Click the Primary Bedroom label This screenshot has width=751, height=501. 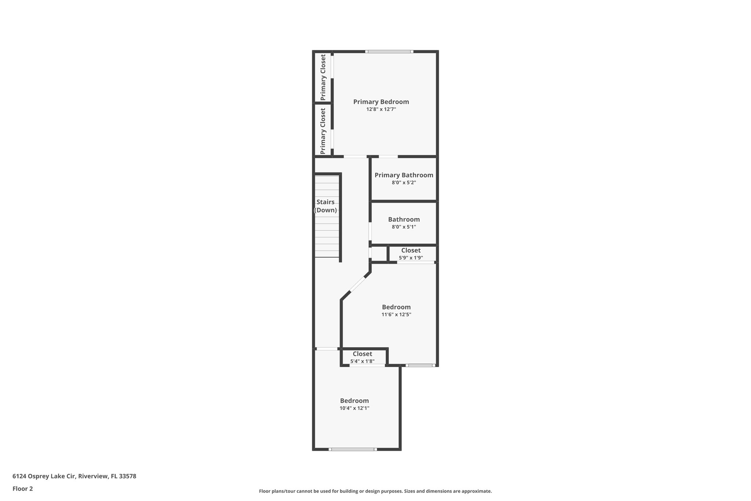coord(381,102)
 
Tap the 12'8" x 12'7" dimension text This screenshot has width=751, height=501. coord(381,109)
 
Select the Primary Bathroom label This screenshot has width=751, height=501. coord(404,175)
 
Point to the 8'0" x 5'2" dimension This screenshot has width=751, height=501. coord(404,183)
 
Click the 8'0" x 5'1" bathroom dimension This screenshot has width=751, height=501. coord(404,227)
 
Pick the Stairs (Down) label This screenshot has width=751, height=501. coord(326,206)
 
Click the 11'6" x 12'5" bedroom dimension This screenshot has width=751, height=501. coord(396,315)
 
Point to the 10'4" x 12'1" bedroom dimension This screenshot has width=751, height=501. coord(354,408)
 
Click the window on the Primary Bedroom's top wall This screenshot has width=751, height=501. coord(389,52)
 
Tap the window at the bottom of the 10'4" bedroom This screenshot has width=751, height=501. coord(352,449)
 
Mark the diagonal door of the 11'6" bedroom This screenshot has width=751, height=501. coord(358,284)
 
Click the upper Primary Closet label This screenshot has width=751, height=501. coord(323,77)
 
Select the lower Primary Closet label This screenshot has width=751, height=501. coord(323,131)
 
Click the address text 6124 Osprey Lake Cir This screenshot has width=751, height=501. coord(74,476)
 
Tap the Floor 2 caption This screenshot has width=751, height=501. coord(23,489)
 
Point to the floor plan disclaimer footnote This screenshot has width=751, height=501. coord(375,491)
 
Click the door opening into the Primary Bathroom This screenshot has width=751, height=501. coord(388,157)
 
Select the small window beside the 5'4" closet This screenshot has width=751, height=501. coord(420,365)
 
